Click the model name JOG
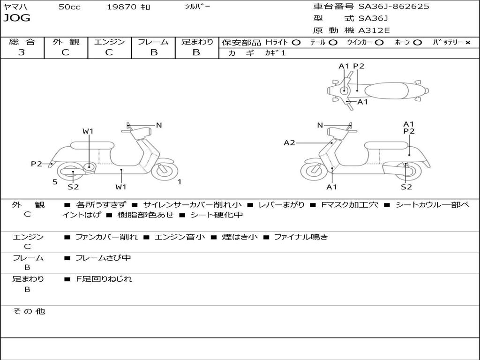(17, 18)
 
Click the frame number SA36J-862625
(394, 7)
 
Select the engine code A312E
(374, 30)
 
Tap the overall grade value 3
(22, 52)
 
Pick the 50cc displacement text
(69, 7)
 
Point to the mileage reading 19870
(121, 7)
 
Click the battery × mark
(467, 43)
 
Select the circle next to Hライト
(296, 43)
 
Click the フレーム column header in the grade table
(153, 42)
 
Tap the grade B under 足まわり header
(196, 52)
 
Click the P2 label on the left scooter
(37, 164)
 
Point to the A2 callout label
(289, 142)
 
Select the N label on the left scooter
(159, 125)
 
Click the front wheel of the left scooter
(165, 171)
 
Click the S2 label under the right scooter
(406, 187)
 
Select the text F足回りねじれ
(104, 279)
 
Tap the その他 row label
(29, 311)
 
